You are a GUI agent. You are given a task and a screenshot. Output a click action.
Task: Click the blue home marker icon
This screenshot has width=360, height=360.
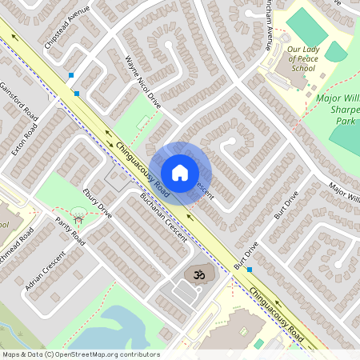180,172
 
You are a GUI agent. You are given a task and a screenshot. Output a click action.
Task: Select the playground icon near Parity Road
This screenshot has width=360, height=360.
78,214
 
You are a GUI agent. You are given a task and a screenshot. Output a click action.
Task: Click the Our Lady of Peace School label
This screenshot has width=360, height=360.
302,59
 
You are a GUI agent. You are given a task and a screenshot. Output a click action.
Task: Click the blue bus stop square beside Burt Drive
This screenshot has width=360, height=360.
250,269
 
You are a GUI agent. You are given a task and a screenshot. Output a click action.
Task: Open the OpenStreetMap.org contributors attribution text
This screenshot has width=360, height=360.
80,354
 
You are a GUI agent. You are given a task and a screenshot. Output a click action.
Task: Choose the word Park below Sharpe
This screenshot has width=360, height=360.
346,122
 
